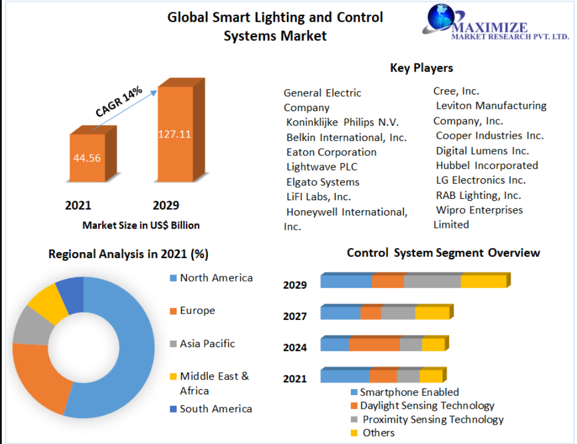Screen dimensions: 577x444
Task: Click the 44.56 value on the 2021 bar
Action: (87, 158)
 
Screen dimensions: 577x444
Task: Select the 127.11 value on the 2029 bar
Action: (174, 134)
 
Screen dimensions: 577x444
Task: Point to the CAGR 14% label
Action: (119, 102)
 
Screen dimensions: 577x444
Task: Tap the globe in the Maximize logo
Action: (441, 17)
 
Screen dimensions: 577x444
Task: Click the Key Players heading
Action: (421, 68)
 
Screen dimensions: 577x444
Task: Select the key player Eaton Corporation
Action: (331, 152)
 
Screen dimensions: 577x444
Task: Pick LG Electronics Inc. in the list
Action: (481, 180)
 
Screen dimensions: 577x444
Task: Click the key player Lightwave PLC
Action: (322, 166)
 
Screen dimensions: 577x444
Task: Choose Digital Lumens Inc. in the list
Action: (483, 151)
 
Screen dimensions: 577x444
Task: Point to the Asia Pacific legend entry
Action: (202, 344)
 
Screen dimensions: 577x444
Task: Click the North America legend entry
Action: (211, 277)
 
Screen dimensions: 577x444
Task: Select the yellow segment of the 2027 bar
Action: (432, 313)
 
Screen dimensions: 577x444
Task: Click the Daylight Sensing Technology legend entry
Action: (422, 406)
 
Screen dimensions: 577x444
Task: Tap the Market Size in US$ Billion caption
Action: (141, 225)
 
